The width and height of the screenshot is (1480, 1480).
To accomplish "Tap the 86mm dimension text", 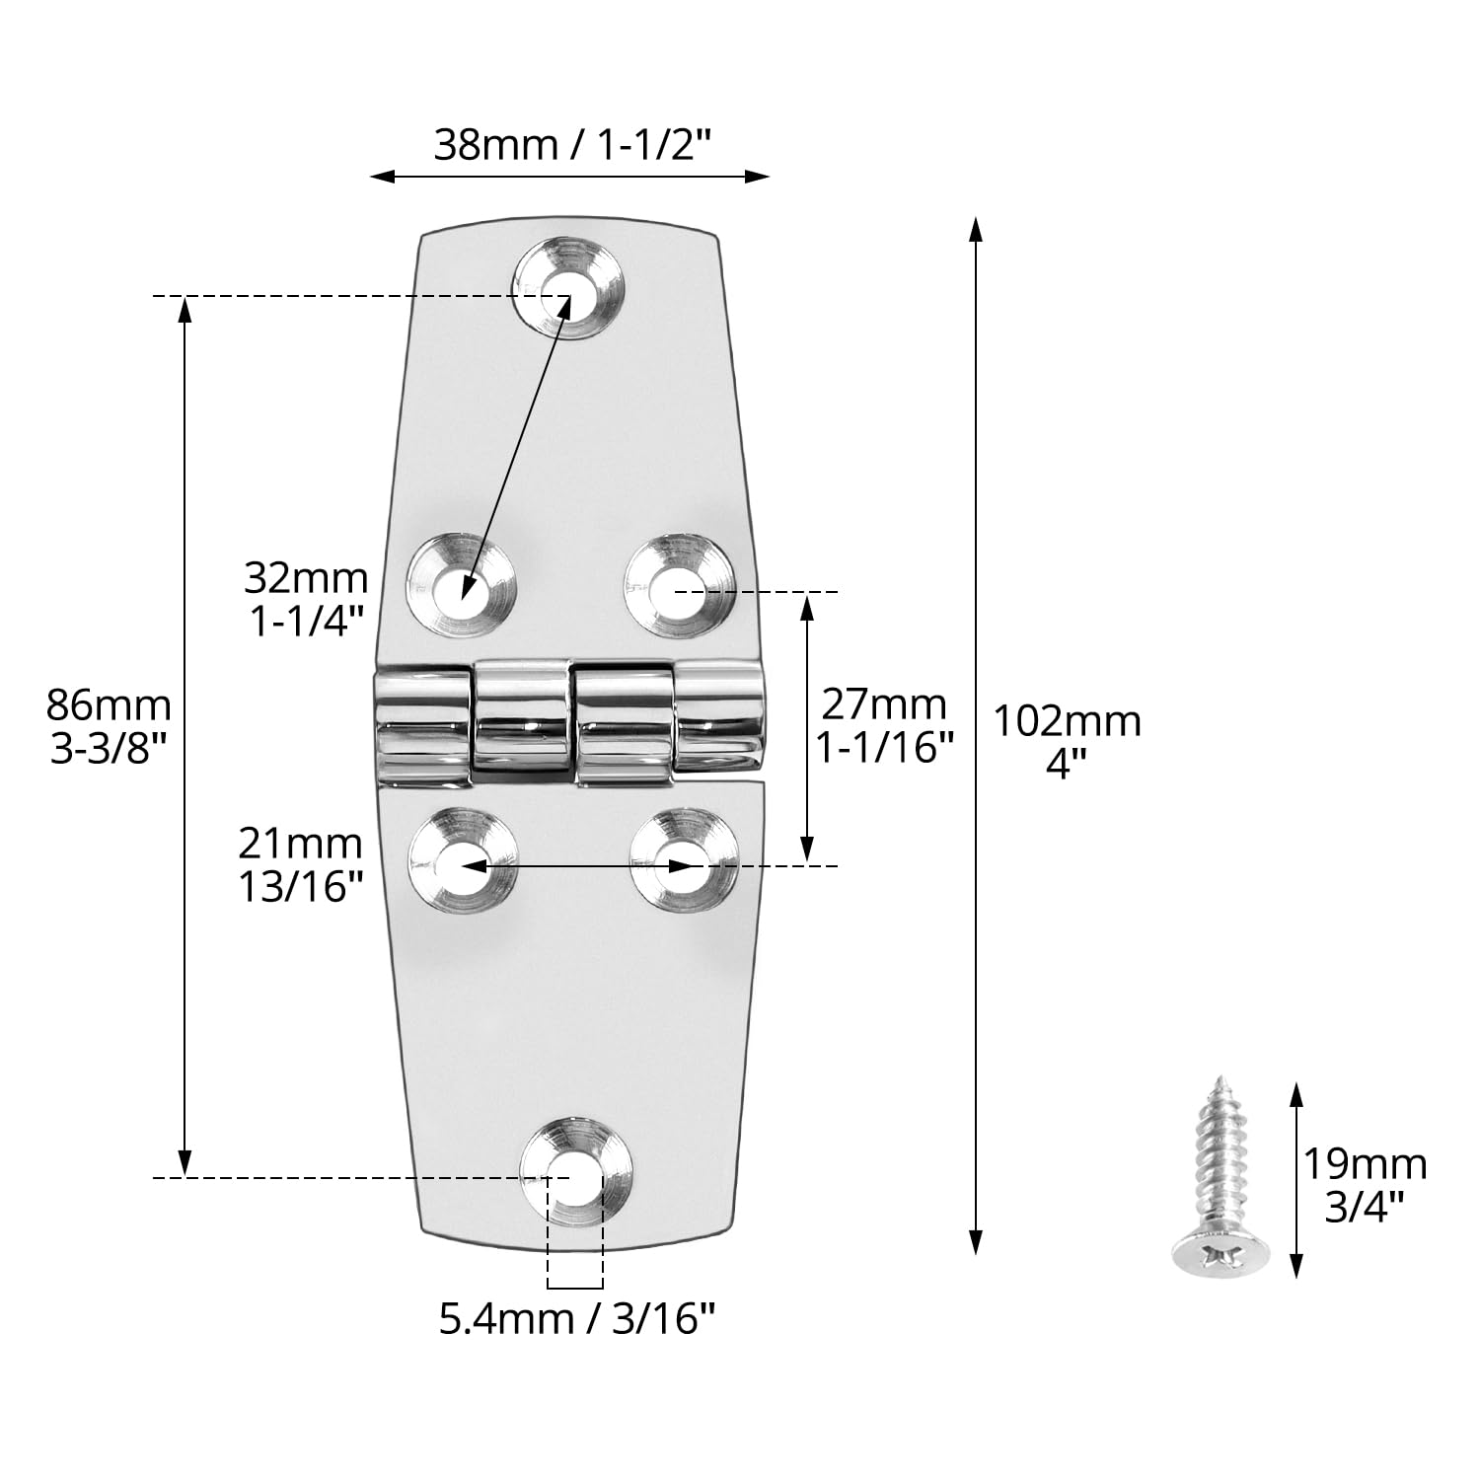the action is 109,705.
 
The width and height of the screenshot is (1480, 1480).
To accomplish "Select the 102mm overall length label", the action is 1067,721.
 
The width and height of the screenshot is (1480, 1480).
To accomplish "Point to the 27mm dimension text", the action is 884,704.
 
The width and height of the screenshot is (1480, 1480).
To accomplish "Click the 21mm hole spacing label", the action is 300,844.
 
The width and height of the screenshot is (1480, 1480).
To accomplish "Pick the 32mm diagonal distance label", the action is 306,578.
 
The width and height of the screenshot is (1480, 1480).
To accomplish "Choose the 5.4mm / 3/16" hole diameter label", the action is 576,1318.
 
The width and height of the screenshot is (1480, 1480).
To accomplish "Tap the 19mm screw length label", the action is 1366,1164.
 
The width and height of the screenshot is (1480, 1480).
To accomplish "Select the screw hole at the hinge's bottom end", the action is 574,1174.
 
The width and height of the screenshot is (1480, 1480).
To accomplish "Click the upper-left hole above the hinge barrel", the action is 462,590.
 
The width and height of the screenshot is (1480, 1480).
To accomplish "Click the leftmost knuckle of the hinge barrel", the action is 422,726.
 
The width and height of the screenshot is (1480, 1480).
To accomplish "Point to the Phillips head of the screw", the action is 1221,1255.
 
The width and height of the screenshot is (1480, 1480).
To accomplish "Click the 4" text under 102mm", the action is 1066,765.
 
